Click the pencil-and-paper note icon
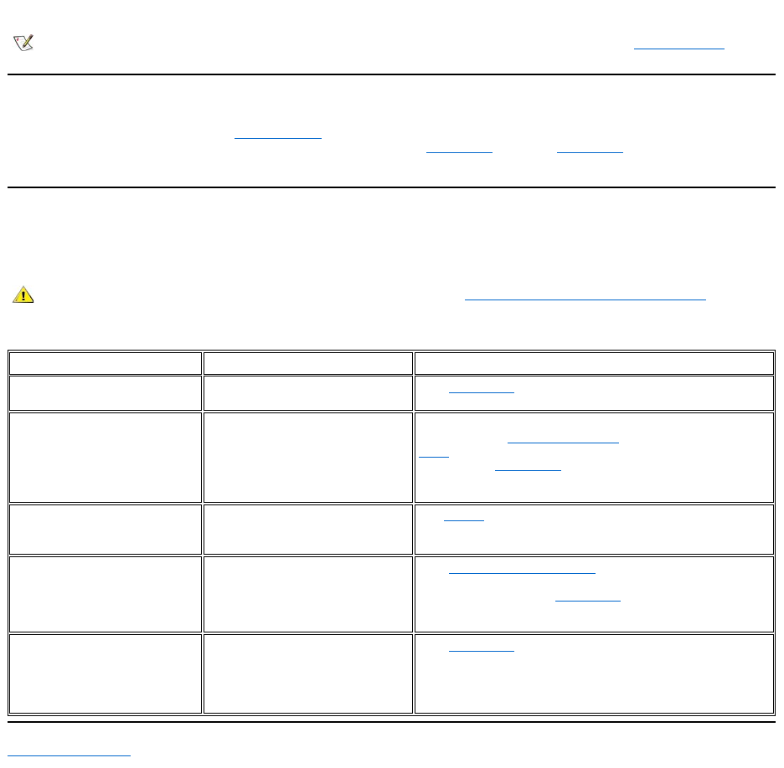click(23, 43)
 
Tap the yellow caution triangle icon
click(23, 294)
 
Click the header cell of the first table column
click(106, 363)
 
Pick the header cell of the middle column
click(307, 363)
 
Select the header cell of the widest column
click(594, 363)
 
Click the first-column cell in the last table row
click(106, 673)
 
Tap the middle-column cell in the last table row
click(307, 673)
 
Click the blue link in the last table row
click(482, 649)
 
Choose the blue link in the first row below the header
click(482, 391)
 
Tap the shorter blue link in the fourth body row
click(587, 599)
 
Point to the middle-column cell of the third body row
click(307, 529)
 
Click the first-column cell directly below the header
click(106, 393)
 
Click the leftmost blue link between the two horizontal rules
click(277, 137)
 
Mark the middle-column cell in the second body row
click(307, 457)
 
